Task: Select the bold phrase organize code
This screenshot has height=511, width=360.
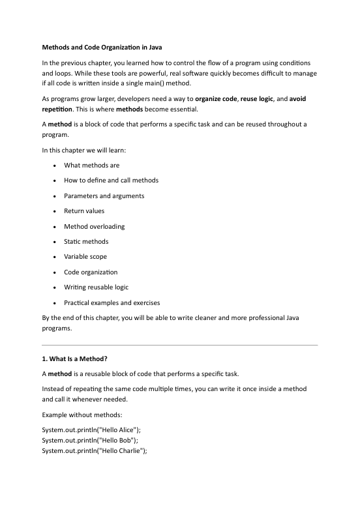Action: point(221,98)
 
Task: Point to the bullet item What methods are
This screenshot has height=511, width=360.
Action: point(91,166)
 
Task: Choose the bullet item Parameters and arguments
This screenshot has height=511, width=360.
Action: point(104,196)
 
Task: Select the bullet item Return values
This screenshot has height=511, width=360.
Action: point(84,211)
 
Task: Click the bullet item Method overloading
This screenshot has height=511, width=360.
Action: point(94,226)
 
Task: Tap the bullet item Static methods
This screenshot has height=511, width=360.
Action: point(86,242)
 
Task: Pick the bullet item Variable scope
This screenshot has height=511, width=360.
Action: point(85,257)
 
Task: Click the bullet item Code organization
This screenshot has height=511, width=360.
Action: point(91,272)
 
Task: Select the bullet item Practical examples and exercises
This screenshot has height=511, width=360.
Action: point(112,302)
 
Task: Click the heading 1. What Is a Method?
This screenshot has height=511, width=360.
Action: point(80,358)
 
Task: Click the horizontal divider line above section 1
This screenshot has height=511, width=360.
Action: point(179,345)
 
